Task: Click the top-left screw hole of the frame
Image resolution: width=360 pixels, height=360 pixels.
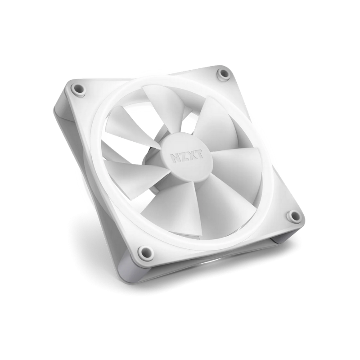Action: (78, 89)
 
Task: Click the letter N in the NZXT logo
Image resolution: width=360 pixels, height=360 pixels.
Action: (175, 158)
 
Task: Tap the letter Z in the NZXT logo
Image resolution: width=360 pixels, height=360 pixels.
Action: (184, 156)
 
